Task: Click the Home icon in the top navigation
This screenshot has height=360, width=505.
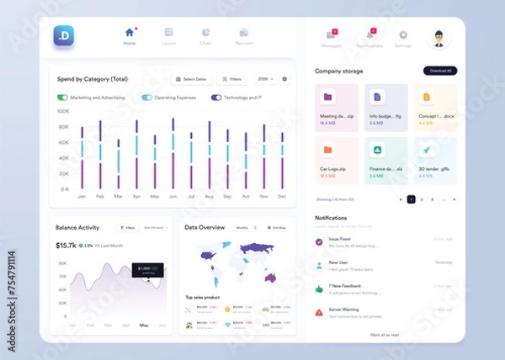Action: point(129,33)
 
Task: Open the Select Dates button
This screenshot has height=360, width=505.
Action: point(191,79)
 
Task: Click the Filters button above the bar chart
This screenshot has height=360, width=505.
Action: point(231,79)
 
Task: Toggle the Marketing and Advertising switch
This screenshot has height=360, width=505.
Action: point(63,98)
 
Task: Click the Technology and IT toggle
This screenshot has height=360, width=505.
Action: point(216,98)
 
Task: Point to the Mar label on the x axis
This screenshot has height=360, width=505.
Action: point(118,197)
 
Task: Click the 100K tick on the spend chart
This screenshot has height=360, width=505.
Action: point(63,110)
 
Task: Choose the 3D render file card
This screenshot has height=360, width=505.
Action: point(435,160)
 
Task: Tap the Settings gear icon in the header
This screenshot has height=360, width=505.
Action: point(403,35)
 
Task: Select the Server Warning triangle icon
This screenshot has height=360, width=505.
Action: point(318,312)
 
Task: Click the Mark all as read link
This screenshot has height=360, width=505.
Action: point(384,335)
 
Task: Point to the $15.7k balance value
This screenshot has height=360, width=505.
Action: point(66,246)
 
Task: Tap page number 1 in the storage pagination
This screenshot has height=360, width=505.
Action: point(411,199)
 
